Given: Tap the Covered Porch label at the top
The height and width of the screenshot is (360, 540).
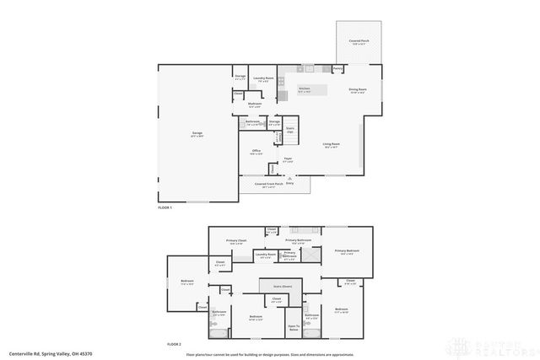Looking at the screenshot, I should click(x=357, y=41).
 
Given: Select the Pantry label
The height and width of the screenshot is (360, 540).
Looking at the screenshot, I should click(x=337, y=69).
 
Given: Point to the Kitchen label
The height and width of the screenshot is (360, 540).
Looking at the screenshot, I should click(x=305, y=89).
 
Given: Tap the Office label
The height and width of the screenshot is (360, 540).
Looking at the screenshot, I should click(x=256, y=151).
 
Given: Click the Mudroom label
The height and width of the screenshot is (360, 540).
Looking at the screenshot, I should click(x=255, y=105).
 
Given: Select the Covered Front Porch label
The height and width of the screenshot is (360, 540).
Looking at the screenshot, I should click(x=269, y=184).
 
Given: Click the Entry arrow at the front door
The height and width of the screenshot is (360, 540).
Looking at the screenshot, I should click(x=290, y=178).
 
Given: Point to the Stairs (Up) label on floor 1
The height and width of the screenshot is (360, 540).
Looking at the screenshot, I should click(x=289, y=129).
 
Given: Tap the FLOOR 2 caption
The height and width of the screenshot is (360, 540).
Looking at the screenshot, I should click(x=174, y=344).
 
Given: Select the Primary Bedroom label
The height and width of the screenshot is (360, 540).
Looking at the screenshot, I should click(x=347, y=250).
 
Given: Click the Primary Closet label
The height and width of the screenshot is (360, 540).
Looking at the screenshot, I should click(x=236, y=242).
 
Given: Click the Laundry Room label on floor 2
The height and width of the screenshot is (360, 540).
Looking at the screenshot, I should click(x=267, y=254).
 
